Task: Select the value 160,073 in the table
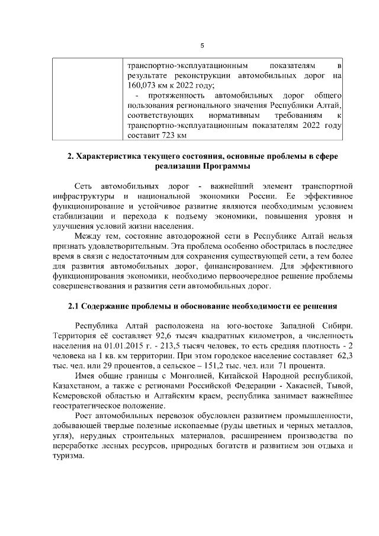click(140, 85)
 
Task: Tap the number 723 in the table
click(171, 135)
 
